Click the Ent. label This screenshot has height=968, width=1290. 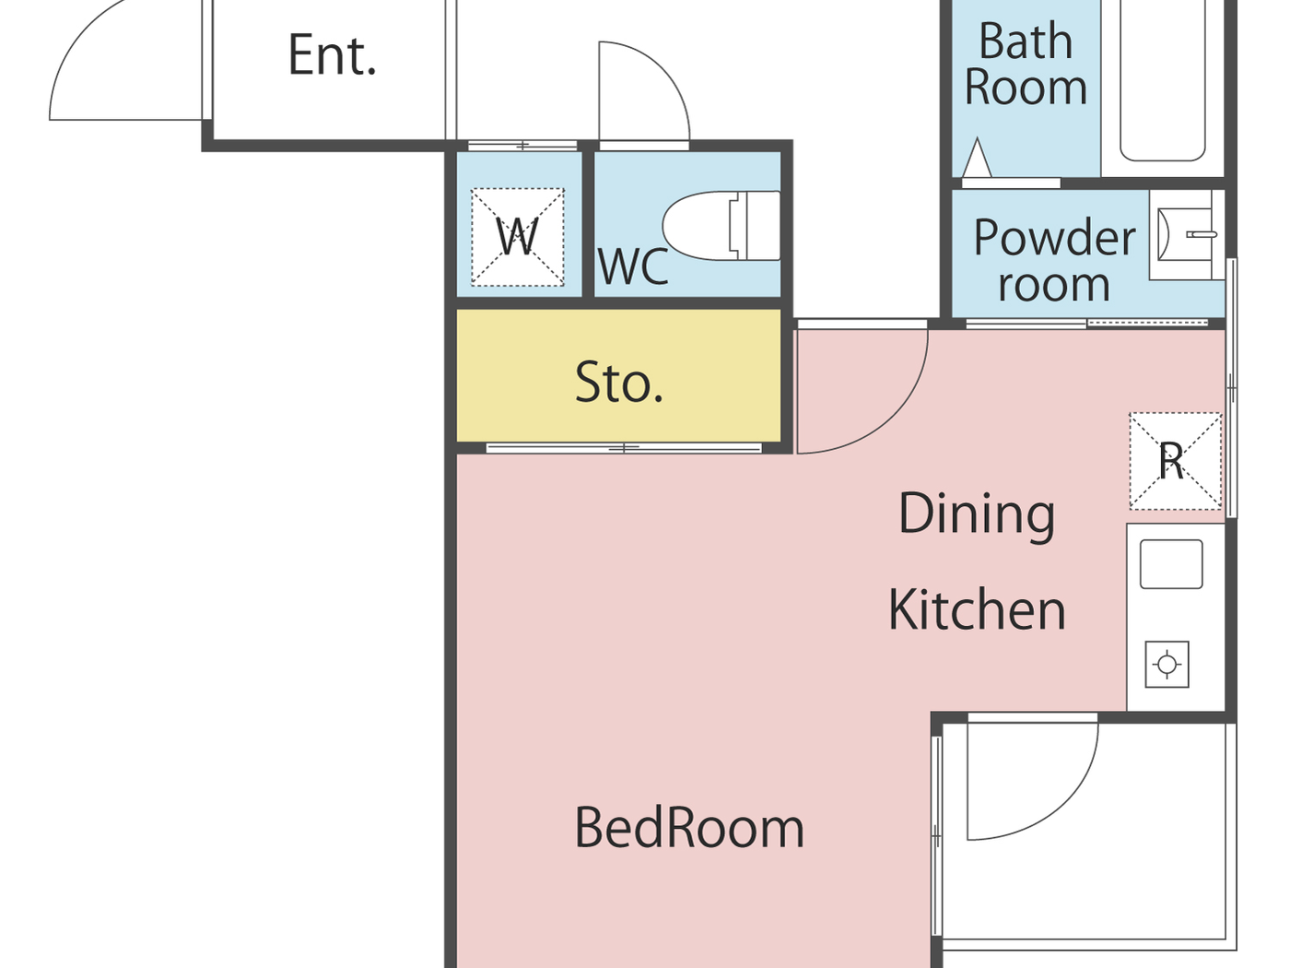pos(332,55)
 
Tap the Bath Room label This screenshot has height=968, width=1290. pos(1026,64)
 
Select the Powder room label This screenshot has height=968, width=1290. pos(1054,260)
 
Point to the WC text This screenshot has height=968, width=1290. pos(633,266)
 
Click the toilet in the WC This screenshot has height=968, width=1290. pos(721,226)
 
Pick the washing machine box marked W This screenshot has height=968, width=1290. pos(518,237)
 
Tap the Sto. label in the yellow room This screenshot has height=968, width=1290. pos(619,383)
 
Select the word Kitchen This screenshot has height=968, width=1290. pos(977,610)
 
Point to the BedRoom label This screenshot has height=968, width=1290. pos(689,829)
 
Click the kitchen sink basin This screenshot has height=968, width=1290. pos(1171,564)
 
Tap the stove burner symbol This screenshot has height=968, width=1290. pos(1167,665)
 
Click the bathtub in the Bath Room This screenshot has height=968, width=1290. pos(1163,79)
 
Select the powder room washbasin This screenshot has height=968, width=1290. pos(1186,234)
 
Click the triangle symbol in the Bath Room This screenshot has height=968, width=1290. pos(977,159)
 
